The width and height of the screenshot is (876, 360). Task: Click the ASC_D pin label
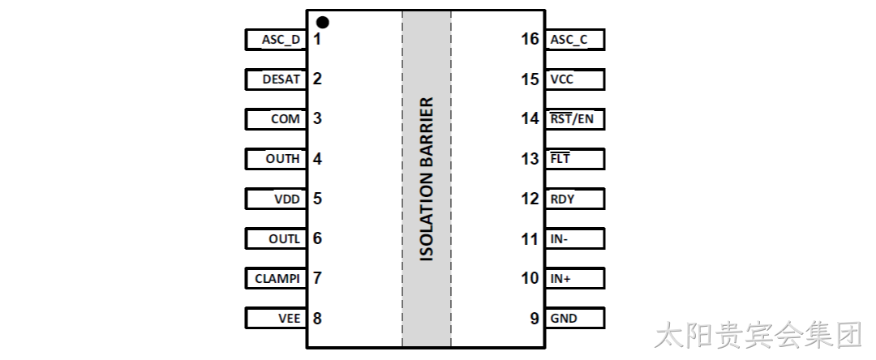(x=281, y=40)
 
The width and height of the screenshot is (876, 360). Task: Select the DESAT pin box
(x=276, y=79)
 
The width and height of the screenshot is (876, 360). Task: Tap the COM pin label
(x=286, y=119)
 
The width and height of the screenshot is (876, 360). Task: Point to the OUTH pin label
(x=283, y=158)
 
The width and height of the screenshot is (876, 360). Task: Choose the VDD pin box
(x=276, y=199)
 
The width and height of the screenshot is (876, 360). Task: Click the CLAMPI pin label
(x=277, y=278)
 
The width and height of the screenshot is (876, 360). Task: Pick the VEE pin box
(x=276, y=318)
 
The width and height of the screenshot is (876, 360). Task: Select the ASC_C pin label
(x=569, y=40)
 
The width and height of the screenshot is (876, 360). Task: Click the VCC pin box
(x=575, y=79)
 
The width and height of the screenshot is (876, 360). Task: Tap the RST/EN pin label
(x=572, y=119)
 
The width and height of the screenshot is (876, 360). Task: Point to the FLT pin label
(x=560, y=158)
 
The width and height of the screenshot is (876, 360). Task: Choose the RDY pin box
(x=575, y=199)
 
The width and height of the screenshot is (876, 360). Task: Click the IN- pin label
(x=559, y=239)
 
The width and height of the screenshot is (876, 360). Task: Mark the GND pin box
(x=575, y=318)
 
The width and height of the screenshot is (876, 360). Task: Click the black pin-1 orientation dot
(x=322, y=23)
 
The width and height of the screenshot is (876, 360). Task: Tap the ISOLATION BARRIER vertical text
(x=427, y=179)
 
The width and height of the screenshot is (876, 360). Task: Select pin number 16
(x=530, y=39)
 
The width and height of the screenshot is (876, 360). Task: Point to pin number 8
(x=317, y=318)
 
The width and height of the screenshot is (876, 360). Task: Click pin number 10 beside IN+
(x=530, y=278)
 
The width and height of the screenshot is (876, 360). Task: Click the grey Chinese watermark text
(x=758, y=336)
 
